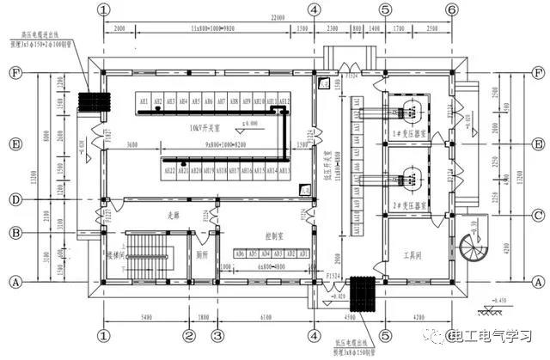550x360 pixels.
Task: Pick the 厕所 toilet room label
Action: (203, 255)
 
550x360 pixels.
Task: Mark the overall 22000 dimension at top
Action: (275, 18)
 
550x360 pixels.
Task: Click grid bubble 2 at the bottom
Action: (191, 336)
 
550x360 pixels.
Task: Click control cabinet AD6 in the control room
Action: (240, 254)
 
